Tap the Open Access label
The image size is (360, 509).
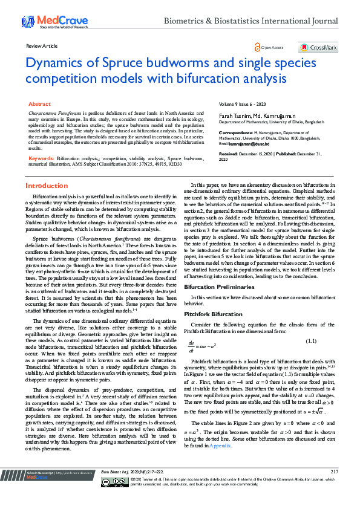(272, 47)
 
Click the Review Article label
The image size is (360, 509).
(42, 46)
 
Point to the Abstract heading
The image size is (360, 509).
(40, 105)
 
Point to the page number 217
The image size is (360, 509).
(334, 488)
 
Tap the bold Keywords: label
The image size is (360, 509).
(41, 158)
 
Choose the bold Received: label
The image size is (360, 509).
(229, 154)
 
